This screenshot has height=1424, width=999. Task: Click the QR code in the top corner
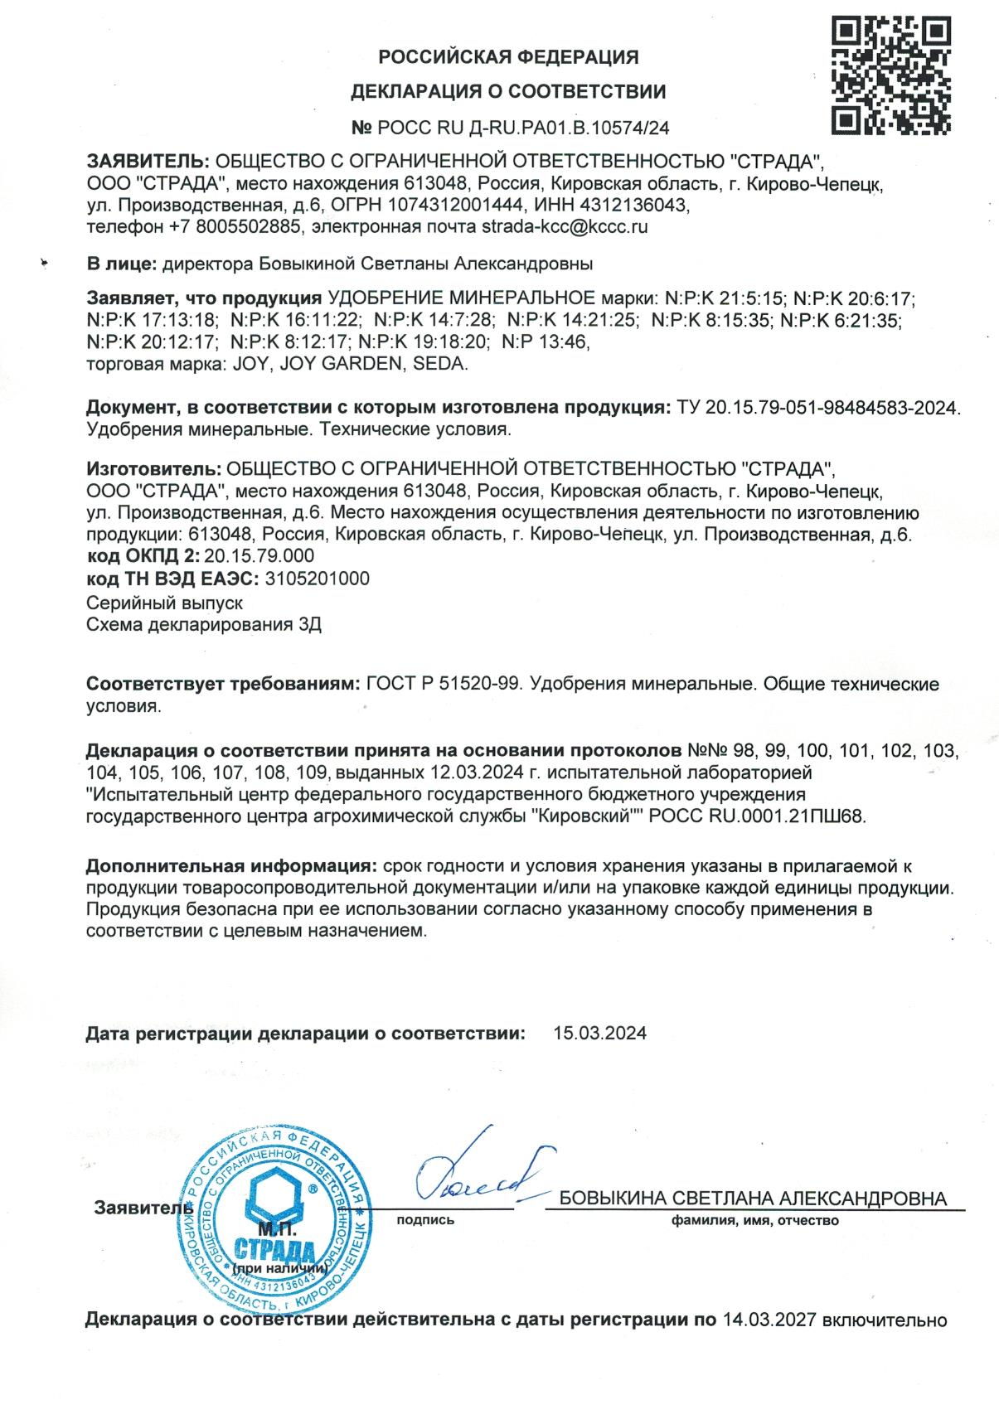[x=890, y=75]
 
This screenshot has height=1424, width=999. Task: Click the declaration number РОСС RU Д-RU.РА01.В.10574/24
[x=522, y=128]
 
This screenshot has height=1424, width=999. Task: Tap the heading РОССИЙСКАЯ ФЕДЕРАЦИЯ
[x=508, y=57]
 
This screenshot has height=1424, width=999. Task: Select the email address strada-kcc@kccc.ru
[x=564, y=225]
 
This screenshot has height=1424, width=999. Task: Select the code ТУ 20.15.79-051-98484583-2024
[x=817, y=408]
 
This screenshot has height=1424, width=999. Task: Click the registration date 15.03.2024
[x=600, y=1034]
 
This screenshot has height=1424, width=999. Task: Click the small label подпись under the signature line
[x=426, y=1220]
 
